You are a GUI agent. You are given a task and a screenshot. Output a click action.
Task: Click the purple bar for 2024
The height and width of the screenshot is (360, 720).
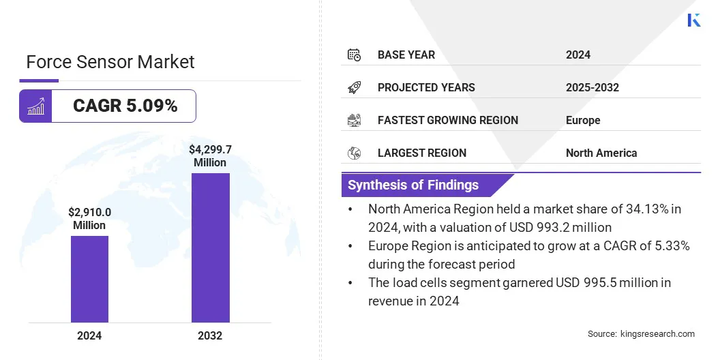click(89, 279)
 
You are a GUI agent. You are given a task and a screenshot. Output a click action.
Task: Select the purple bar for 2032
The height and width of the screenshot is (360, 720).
click(210, 247)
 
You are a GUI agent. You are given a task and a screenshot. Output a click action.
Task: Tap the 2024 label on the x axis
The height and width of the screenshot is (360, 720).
click(89, 335)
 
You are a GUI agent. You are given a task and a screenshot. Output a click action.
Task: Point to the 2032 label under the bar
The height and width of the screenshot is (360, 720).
click(210, 335)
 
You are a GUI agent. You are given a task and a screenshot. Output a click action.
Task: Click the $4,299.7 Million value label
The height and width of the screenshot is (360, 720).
click(210, 155)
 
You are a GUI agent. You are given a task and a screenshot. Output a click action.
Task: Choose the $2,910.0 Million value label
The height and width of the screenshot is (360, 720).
click(89, 218)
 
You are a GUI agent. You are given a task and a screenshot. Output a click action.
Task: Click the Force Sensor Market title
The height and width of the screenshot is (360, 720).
click(110, 62)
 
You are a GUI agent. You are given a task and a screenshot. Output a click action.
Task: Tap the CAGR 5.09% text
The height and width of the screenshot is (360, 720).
click(125, 106)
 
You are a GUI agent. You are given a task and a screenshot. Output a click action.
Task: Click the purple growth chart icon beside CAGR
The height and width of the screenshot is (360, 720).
click(35, 106)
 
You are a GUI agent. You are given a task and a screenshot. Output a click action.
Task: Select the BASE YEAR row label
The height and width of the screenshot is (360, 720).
click(406, 55)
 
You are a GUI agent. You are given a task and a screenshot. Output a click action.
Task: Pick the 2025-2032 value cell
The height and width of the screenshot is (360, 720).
click(592, 87)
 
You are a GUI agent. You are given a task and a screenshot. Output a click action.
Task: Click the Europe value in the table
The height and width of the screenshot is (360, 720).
click(583, 120)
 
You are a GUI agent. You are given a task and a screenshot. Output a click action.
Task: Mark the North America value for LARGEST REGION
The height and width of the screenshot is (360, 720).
click(601, 153)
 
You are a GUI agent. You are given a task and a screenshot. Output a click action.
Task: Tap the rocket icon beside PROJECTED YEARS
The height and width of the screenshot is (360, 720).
click(354, 87)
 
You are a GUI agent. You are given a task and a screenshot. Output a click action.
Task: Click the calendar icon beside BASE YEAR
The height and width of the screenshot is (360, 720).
click(354, 55)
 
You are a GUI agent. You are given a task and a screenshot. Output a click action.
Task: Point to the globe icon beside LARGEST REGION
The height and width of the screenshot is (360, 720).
click(354, 153)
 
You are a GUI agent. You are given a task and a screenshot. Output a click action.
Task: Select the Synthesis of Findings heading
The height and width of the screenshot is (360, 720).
click(413, 185)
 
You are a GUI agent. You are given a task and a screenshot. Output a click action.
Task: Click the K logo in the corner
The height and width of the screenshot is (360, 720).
click(693, 20)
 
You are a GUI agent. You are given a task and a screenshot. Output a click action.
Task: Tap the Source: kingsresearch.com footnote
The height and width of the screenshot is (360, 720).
click(641, 333)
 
